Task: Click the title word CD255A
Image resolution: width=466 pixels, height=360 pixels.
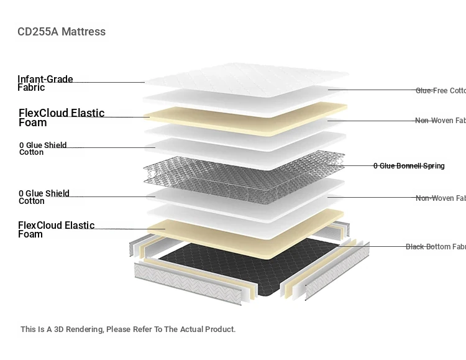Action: click(38, 32)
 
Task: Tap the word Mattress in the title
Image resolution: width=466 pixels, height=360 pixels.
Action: click(83, 32)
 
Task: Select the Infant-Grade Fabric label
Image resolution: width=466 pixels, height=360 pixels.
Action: click(45, 83)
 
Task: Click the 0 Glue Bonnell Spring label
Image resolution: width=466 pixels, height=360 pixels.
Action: click(409, 166)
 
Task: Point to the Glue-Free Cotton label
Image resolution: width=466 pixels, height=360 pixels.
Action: click(441, 91)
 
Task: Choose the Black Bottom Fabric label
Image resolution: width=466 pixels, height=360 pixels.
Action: click(436, 247)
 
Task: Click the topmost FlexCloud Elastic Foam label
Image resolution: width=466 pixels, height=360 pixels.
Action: click(61, 118)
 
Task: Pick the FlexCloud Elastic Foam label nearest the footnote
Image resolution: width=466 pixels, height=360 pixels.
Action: click(56, 229)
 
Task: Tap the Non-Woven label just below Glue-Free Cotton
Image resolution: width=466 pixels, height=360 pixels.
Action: click(441, 121)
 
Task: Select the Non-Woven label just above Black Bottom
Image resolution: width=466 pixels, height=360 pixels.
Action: click(441, 198)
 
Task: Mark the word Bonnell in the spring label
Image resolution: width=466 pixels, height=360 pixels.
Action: click(408, 166)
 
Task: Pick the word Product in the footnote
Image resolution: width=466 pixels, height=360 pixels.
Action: click(220, 330)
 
